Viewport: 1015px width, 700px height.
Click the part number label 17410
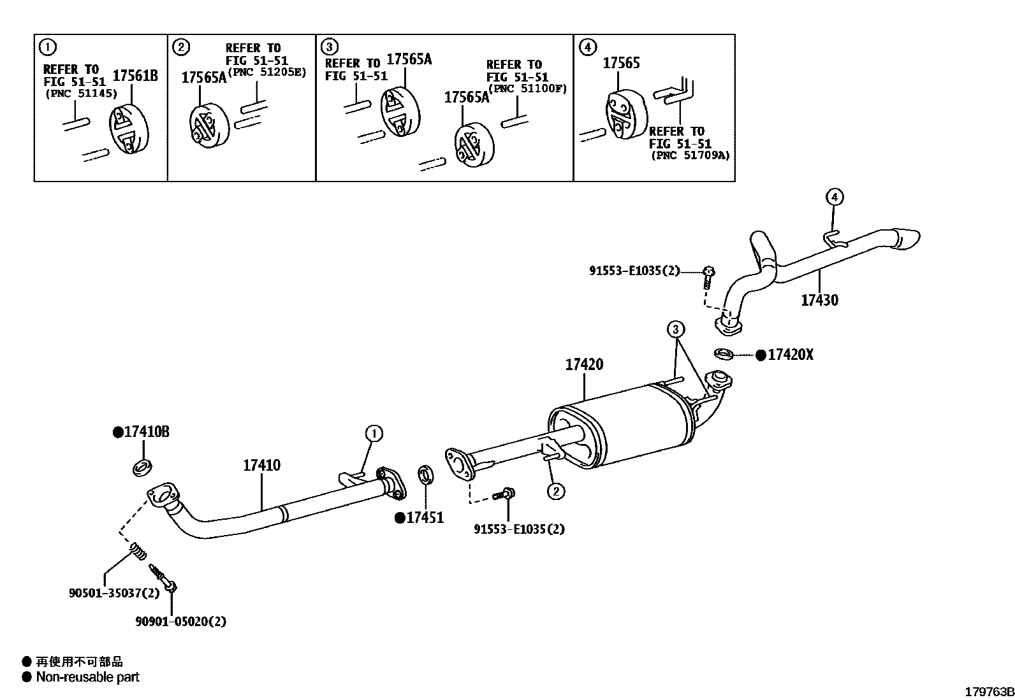[x=261, y=466]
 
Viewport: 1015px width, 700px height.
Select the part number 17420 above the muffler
[x=584, y=365]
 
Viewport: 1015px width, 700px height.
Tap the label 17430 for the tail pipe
[x=820, y=300]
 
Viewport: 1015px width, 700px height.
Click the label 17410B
[x=146, y=432]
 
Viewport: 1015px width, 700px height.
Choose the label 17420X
[x=790, y=355]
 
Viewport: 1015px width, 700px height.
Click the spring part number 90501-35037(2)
[x=114, y=593]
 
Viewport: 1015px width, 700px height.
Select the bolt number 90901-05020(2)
[x=180, y=621]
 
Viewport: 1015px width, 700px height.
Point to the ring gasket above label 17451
[x=426, y=474]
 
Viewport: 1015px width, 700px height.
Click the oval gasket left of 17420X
[x=723, y=354]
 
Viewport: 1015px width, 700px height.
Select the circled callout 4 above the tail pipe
[x=835, y=197]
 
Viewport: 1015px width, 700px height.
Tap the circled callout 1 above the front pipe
[x=374, y=434]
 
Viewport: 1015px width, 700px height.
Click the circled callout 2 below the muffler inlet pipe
[x=556, y=491]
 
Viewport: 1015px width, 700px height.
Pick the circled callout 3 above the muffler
[x=676, y=329]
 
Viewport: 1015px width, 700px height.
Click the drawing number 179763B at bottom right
[x=988, y=692]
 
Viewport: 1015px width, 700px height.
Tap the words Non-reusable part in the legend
[x=87, y=677]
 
